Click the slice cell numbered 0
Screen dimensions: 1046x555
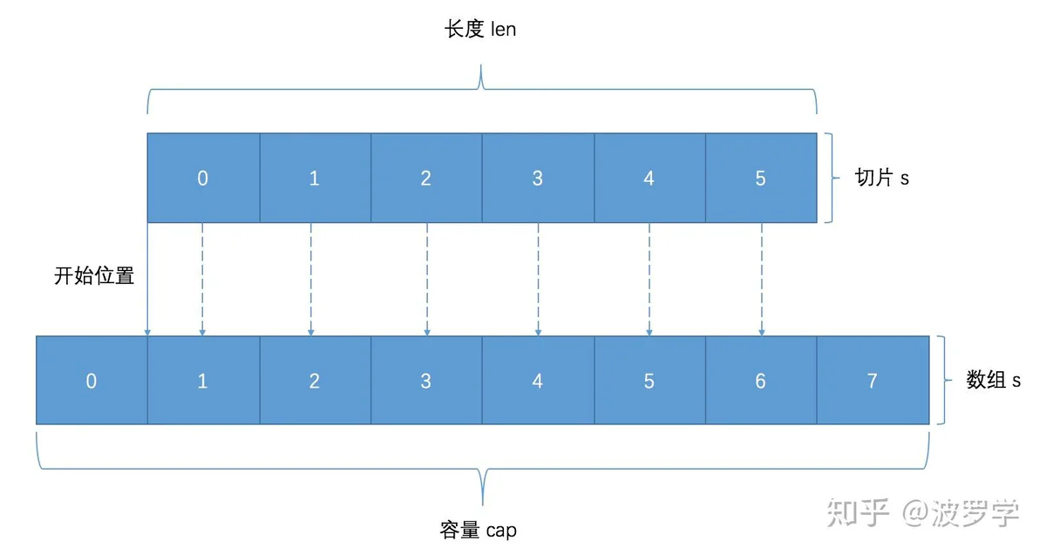(204, 178)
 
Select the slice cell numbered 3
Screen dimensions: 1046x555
(538, 178)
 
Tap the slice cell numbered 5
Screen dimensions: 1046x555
(761, 178)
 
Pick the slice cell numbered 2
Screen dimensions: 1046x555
(426, 178)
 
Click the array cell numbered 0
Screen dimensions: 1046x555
(92, 380)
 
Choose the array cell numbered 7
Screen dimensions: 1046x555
(873, 380)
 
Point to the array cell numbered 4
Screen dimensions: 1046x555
(538, 380)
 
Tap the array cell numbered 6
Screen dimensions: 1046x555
(761, 380)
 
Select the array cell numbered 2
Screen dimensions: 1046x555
(316, 380)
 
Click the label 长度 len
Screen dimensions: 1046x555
(480, 29)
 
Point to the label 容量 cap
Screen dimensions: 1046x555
(479, 531)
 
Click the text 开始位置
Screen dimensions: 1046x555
(94, 275)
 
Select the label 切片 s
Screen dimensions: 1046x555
(882, 178)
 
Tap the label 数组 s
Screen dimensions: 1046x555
(993, 380)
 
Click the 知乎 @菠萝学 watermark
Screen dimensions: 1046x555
(923, 513)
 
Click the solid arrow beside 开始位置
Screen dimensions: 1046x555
(147, 279)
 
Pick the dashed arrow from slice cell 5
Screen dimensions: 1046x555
(762, 279)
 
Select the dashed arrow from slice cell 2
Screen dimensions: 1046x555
(427, 279)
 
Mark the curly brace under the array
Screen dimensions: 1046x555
(483, 468)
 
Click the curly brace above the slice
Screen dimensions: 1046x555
(481, 89)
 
